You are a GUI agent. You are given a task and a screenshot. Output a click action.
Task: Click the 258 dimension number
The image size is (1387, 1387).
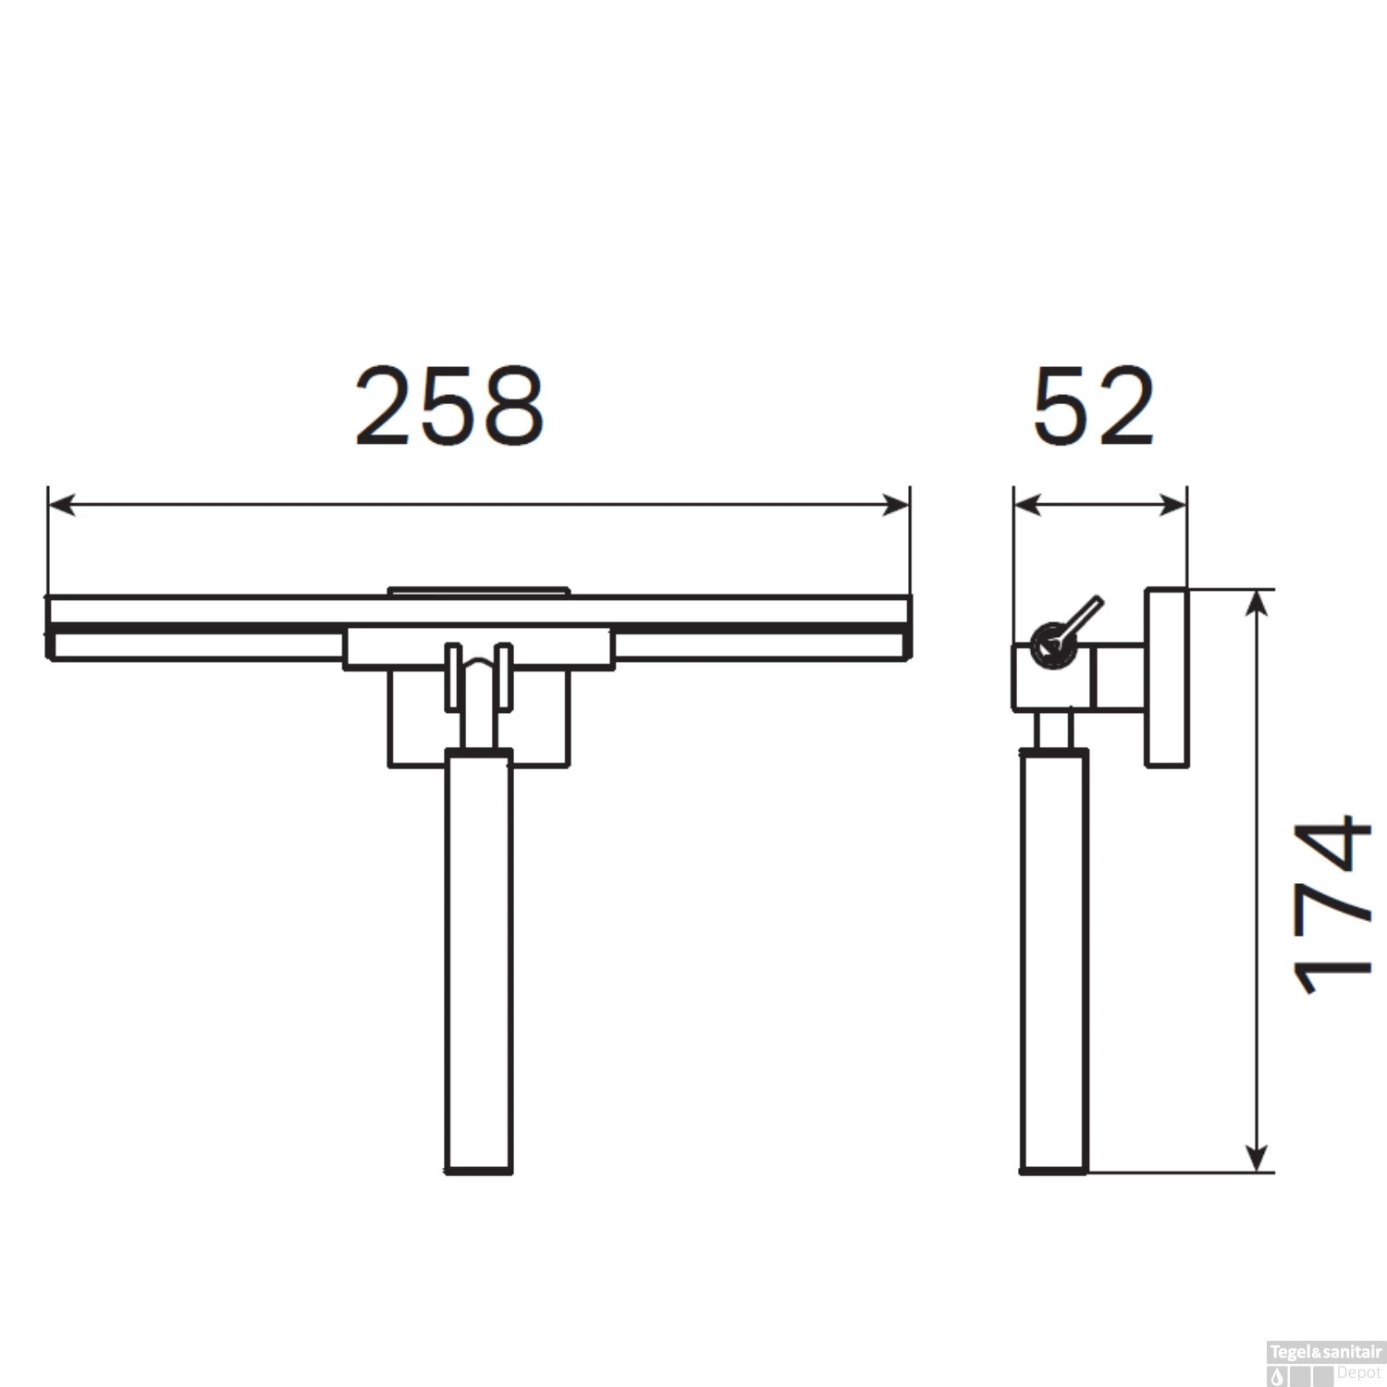[x=449, y=406]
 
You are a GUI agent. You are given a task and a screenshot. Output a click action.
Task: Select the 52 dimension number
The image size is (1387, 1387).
[x=1094, y=406]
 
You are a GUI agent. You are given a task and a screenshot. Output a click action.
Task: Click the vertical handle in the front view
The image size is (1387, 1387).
[x=478, y=962]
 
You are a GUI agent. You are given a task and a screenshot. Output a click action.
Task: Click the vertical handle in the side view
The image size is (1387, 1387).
[x=1054, y=962]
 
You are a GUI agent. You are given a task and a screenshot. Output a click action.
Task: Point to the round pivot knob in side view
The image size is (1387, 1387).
[x=1051, y=645]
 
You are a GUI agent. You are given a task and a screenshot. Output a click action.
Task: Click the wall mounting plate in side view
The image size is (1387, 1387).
[x=1167, y=678]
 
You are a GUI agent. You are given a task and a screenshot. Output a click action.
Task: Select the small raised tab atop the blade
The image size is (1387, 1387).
[x=478, y=591]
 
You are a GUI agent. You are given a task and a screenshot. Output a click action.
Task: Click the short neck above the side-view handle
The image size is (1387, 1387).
[x=1053, y=730]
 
